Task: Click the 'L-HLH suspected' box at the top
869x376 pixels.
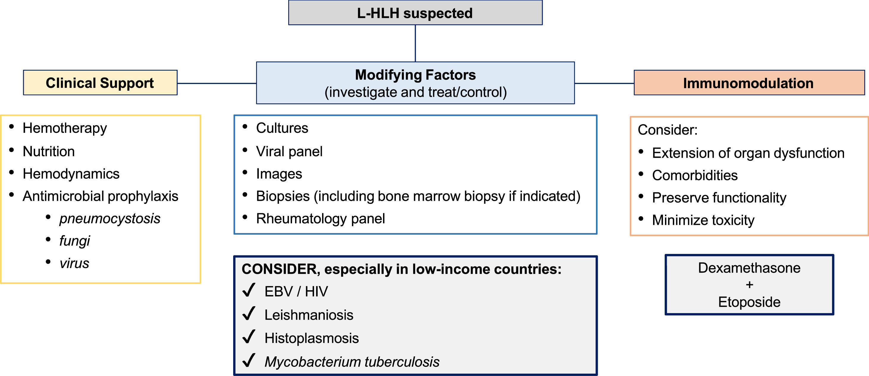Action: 415,13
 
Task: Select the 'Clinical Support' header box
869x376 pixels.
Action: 100,83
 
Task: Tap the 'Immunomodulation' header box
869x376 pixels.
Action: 749,83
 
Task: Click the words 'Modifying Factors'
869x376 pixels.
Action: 415,75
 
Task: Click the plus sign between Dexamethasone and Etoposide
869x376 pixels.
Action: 749,285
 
